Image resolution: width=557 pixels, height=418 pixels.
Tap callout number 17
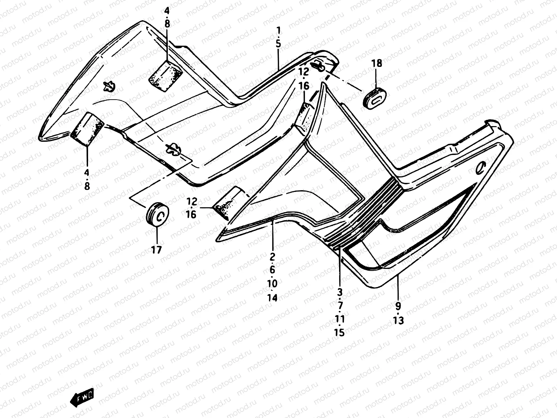tap(157, 250)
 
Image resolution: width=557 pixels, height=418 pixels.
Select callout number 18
tap(376, 63)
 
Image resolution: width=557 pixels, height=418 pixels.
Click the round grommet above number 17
tap(157, 216)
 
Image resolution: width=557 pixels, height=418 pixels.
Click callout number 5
tap(278, 44)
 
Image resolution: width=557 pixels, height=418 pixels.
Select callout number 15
tap(340, 332)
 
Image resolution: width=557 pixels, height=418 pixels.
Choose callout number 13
tap(398, 320)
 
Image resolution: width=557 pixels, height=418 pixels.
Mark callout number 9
tap(398, 306)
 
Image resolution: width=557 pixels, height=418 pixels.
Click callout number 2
tap(272, 256)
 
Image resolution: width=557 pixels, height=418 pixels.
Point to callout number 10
tap(272, 284)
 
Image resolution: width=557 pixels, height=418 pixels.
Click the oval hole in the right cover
tap(481, 168)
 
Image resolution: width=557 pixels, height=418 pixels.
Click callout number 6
tap(272, 270)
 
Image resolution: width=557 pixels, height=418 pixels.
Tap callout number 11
tap(340, 319)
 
